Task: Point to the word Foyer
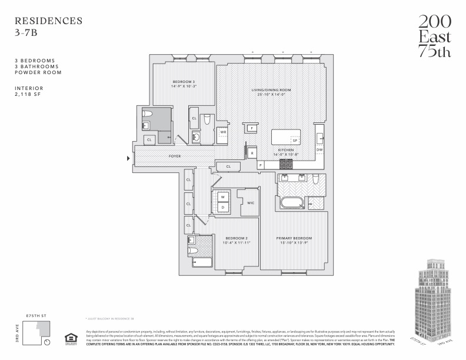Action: [x=175, y=156]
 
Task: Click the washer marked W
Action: [x=223, y=197]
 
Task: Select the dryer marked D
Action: [x=223, y=207]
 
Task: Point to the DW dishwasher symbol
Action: [x=319, y=149]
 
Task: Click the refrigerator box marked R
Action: [x=252, y=153]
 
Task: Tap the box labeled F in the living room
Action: [x=251, y=128]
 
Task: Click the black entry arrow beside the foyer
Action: [x=129, y=158]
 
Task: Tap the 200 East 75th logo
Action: [x=435, y=36]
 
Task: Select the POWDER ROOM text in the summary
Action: [x=38, y=72]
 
